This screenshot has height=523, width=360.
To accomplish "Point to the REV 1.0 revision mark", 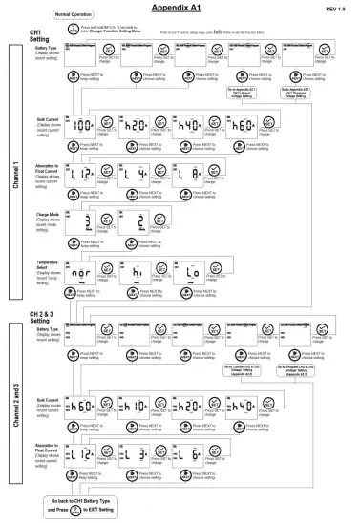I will coord(337,8).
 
